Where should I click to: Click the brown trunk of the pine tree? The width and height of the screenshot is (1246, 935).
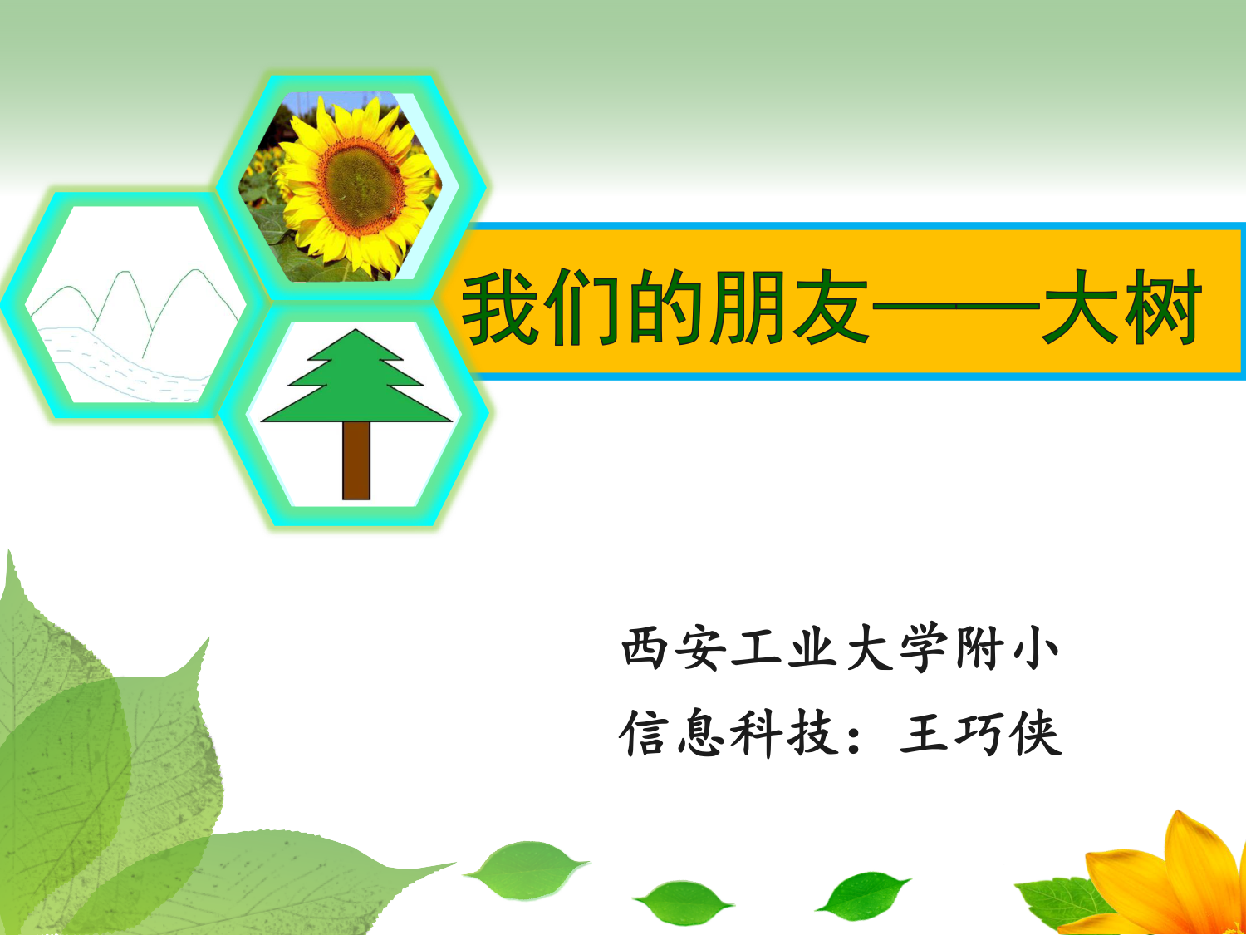[356, 460]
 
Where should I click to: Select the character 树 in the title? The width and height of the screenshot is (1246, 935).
[1165, 308]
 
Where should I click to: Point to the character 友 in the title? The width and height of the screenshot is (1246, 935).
[831, 308]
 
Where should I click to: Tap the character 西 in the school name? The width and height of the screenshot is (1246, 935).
[644, 647]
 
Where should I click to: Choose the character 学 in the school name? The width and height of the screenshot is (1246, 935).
[924, 647]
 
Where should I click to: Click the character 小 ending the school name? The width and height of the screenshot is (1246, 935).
[1036, 647]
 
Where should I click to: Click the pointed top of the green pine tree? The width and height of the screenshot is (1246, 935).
[356, 330]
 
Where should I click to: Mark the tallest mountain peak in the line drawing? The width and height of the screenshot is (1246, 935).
[196, 270]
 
